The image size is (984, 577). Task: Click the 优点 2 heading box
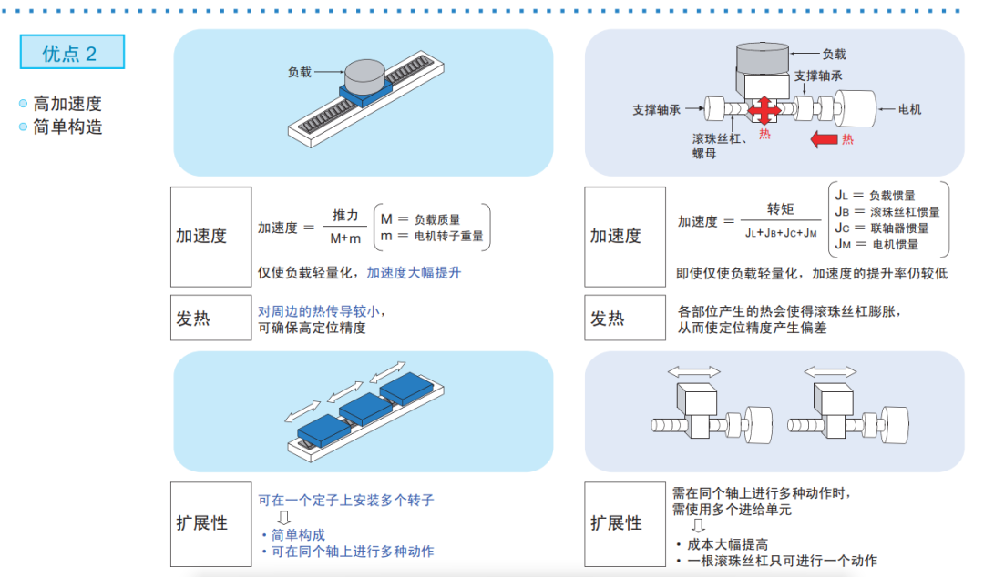click(72, 53)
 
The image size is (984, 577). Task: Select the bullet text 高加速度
click(67, 104)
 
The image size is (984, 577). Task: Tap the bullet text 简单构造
click(67, 127)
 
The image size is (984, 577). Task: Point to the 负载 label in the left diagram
click(300, 71)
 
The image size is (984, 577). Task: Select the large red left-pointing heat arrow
click(824, 139)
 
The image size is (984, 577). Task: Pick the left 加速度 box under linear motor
click(210, 237)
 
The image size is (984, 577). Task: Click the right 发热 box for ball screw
click(625, 319)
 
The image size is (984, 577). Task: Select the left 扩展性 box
click(210, 523)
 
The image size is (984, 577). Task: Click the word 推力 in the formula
click(345, 216)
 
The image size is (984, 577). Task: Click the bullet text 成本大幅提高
click(727, 544)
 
